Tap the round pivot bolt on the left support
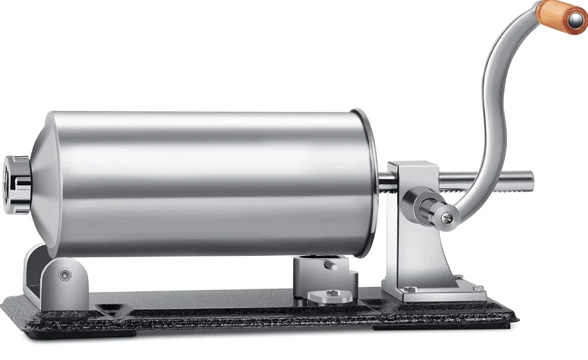point(65,274)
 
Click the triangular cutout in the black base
point(110,307)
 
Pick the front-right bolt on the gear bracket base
point(478,288)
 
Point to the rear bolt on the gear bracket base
point(459,278)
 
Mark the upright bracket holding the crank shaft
point(412,248)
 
